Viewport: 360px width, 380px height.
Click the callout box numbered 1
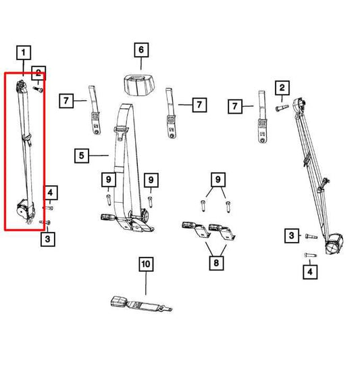click(x=24, y=52)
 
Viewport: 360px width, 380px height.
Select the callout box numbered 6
click(x=140, y=50)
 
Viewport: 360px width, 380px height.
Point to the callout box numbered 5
click(x=82, y=156)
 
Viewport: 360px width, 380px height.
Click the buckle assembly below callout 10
click(x=138, y=304)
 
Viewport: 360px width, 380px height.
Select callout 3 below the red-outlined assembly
click(x=47, y=238)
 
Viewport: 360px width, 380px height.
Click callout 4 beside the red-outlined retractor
click(x=51, y=192)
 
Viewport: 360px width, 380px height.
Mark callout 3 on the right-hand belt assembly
click(x=291, y=235)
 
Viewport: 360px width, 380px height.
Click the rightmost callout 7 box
click(x=234, y=106)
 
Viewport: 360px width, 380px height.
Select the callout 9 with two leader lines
click(x=217, y=179)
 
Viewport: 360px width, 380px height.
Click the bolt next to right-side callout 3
click(x=310, y=236)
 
